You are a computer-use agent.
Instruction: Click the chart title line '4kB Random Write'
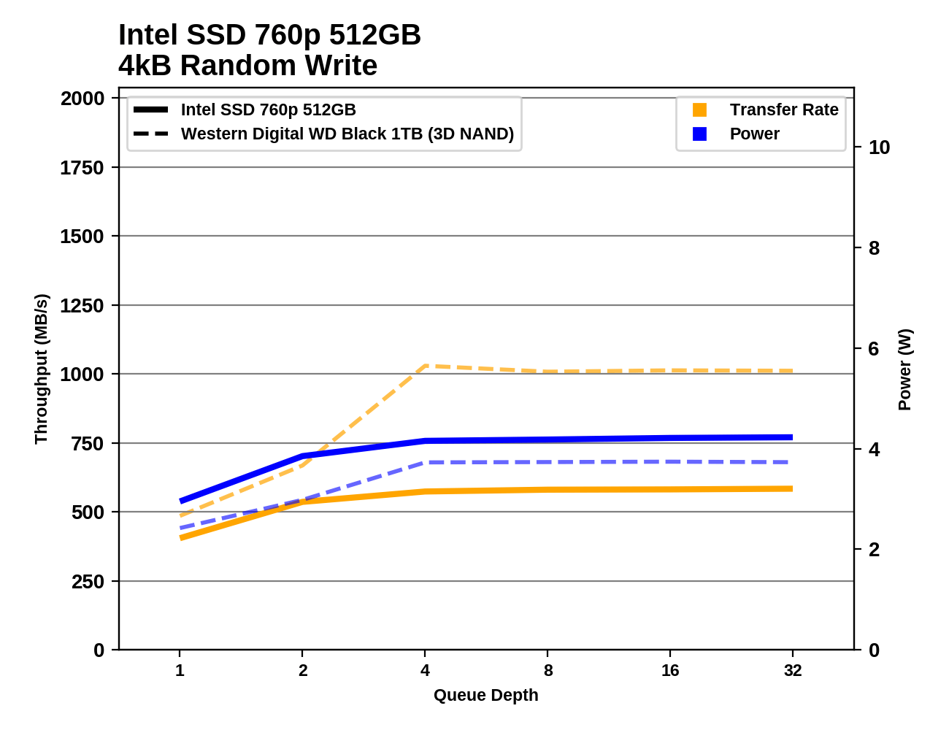click(x=247, y=66)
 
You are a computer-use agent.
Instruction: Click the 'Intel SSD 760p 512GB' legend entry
click(x=268, y=109)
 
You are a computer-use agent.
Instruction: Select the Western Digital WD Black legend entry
click(x=347, y=134)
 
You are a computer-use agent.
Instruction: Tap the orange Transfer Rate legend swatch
click(x=699, y=109)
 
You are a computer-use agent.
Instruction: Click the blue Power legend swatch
click(x=699, y=134)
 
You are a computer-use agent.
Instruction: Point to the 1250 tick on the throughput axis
click(x=82, y=305)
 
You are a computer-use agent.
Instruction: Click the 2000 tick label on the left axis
click(x=82, y=99)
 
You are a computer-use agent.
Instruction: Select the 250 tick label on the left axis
click(x=88, y=582)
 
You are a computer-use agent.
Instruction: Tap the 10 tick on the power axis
click(x=879, y=147)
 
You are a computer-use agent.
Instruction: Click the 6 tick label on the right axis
click(x=874, y=349)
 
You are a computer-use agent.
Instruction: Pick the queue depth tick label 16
click(x=669, y=670)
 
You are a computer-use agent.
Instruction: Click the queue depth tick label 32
click(x=792, y=670)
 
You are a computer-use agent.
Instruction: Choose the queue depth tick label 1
click(x=180, y=670)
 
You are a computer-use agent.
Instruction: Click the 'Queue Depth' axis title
click(x=485, y=695)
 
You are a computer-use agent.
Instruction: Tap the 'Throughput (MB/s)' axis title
click(x=41, y=369)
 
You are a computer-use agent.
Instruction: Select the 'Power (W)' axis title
click(x=904, y=369)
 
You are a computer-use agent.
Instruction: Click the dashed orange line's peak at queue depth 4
click(x=425, y=366)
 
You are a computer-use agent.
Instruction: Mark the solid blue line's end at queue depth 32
click(x=792, y=437)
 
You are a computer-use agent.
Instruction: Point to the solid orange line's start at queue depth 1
click(x=180, y=538)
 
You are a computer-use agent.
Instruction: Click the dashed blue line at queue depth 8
click(x=547, y=462)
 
